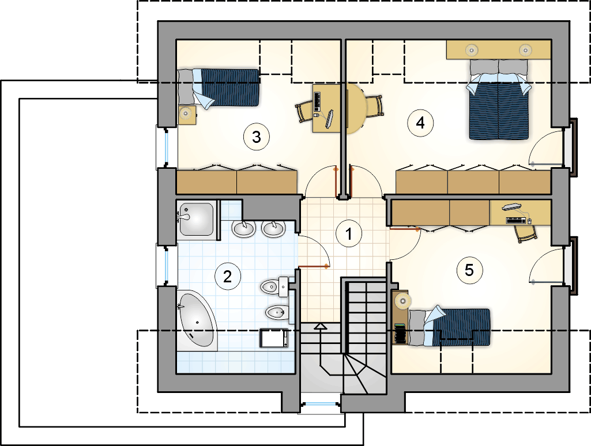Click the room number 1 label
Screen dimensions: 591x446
coord(349,233)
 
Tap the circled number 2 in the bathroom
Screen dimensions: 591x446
coord(227,277)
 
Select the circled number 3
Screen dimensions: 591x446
coord(257,137)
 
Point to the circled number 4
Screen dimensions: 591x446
coord(420,123)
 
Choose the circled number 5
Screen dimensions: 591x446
coord(469,270)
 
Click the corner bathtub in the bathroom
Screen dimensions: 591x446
coord(197,320)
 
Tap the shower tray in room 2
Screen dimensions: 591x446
coord(197,219)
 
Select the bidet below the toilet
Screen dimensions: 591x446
coord(277,312)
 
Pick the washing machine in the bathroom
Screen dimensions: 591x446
coord(274,338)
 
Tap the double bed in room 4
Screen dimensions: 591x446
coord(499,99)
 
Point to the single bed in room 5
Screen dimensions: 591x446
coord(450,327)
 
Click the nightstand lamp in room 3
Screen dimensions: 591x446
coord(186,113)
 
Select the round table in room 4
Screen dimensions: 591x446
coord(356,109)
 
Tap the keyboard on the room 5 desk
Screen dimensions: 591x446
coord(516,220)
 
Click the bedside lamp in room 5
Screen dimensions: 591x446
coord(403,301)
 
